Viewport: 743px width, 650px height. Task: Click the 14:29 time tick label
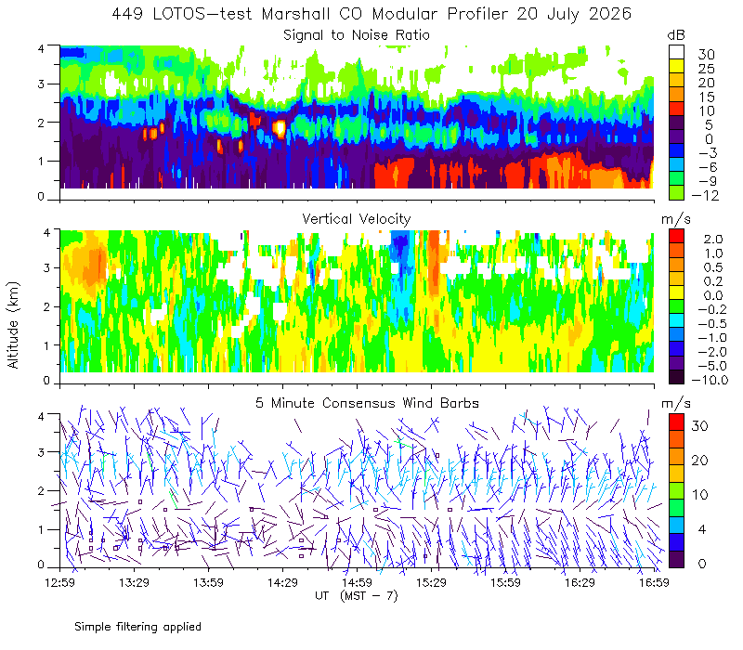click(282, 582)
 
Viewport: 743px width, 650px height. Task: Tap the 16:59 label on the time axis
click(654, 582)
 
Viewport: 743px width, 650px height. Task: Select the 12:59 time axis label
click(59, 582)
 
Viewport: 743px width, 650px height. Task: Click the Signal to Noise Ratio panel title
click(357, 35)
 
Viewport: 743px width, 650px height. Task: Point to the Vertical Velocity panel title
click(357, 219)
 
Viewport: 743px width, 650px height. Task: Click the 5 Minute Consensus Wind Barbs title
click(367, 403)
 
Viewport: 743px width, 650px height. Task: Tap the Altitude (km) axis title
click(13, 325)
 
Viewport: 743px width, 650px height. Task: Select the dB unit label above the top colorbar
click(676, 35)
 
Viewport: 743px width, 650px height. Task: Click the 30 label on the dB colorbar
click(706, 55)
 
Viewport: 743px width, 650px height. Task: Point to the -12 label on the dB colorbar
click(705, 195)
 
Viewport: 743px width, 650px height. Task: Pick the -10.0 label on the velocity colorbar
click(710, 380)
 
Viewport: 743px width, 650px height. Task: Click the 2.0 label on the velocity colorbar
click(713, 240)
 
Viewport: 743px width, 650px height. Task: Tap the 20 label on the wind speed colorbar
click(700, 460)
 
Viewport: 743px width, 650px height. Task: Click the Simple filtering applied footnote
click(137, 627)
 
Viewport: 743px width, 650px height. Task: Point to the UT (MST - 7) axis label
click(357, 595)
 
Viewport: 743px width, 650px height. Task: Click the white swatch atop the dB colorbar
click(677, 52)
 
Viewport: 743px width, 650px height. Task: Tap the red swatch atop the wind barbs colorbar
click(677, 422)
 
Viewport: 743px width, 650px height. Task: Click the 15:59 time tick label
click(505, 582)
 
